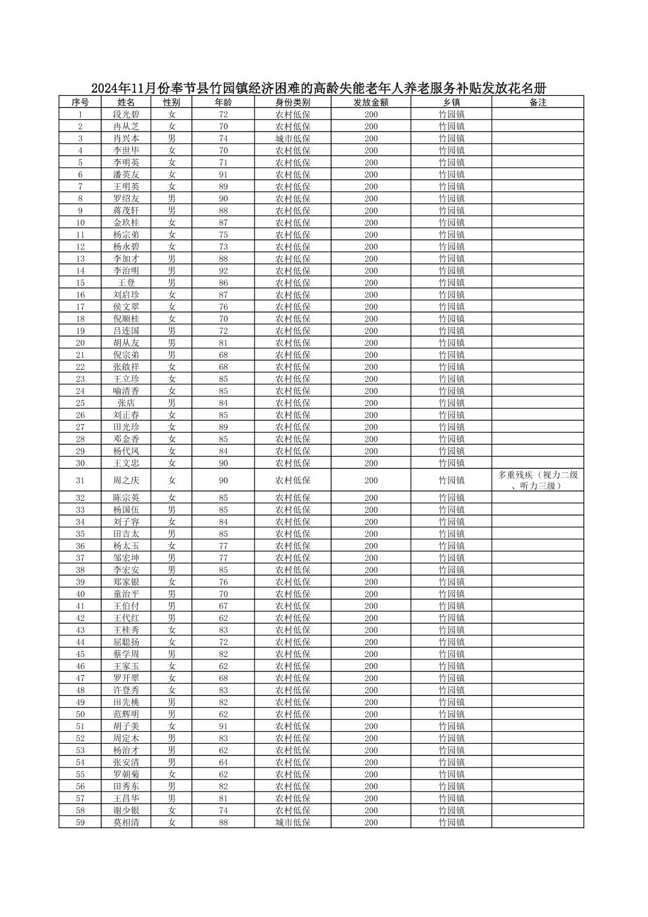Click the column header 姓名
click(126, 103)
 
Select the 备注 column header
click(538, 103)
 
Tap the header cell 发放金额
click(371, 103)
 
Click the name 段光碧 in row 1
click(126, 115)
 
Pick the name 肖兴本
click(126, 139)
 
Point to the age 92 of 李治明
click(223, 271)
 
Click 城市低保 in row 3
click(293, 139)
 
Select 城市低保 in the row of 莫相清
click(293, 822)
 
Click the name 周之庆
click(126, 480)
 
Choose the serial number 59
click(80, 822)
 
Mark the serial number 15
click(80, 283)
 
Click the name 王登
click(126, 283)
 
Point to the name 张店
click(126, 403)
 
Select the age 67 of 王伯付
click(223, 606)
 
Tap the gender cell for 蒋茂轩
click(172, 211)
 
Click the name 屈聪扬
click(126, 642)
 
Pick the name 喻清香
click(126, 391)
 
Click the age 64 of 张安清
click(223, 762)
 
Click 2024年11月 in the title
click(124, 88)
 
